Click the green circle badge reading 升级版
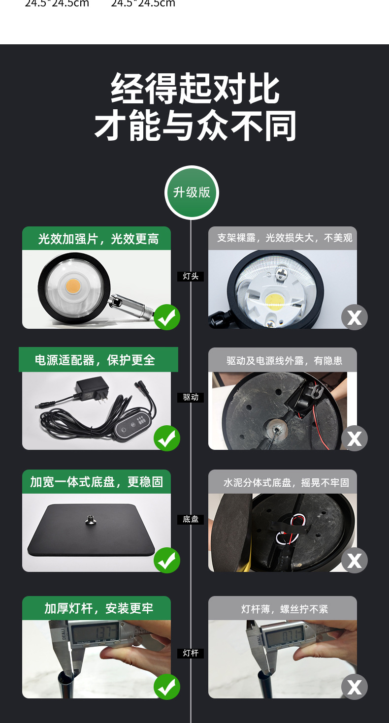pos(192,192)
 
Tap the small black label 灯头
pos(191,277)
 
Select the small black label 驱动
pos(191,397)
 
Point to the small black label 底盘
pos(191,519)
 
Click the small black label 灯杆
pos(191,653)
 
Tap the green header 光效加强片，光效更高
pos(97,239)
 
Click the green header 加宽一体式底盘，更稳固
pos(97,482)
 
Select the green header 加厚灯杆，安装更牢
pos(97,608)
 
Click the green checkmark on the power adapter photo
pos(167,438)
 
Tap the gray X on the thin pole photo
pos(355,687)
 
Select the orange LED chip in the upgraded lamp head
pos(74,286)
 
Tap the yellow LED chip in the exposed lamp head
pos(274,300)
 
